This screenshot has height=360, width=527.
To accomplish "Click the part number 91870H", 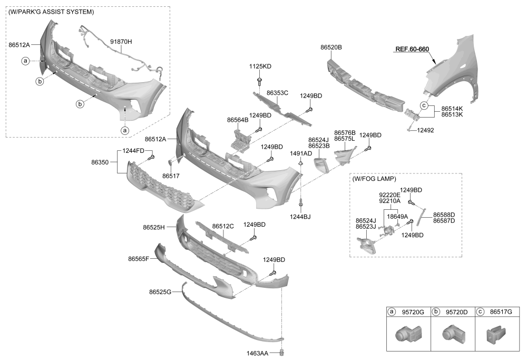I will pyautogui.click(x=121, y=41).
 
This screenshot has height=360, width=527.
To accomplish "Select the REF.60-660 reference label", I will pyautogui.click(x=412, y=50).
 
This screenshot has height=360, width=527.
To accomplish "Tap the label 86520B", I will pyautogui.click(x=331, y=47).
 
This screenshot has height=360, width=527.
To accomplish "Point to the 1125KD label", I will pyautogui.click(x=260, y=66).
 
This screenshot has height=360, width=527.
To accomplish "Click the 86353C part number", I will pyautogui.click(x=277, y=93).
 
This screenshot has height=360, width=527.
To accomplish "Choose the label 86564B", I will pyautogui.click(x=238, y=120).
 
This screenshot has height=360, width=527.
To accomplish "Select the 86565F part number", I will pyautogui.click(x=139, y=259).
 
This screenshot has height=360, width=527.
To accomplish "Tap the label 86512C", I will pyautogui.click(x=223, y=226).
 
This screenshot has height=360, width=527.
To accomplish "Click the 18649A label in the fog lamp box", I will pyautogui.click(x=397, y=216).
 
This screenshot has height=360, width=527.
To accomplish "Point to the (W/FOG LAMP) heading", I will pyautogui.click(x=374, y=179).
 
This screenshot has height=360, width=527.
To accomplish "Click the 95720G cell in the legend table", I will pyautogui.click(x=413, y=312).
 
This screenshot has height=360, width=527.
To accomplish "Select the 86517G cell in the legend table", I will pyautogui.click(x=501, y=312).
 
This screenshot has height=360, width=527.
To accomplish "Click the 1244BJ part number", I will pyautogui.click(x=299, y=216).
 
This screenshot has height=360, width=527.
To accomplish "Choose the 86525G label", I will pyautogui.click(x=160, y=291).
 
